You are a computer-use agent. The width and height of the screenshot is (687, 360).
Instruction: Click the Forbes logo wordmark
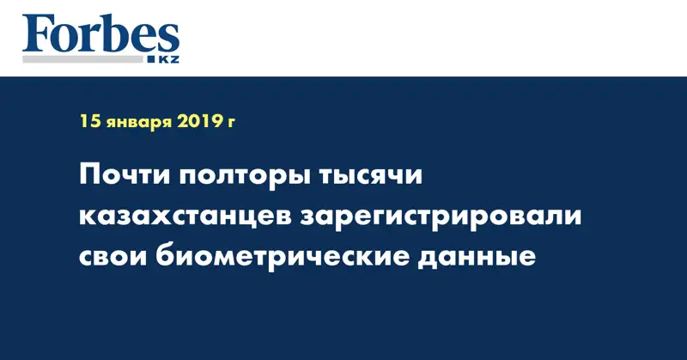tap(100, 35)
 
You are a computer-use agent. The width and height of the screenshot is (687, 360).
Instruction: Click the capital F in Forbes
tap(39, 35)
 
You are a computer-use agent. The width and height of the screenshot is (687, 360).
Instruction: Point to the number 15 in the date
tap(89, 122)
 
